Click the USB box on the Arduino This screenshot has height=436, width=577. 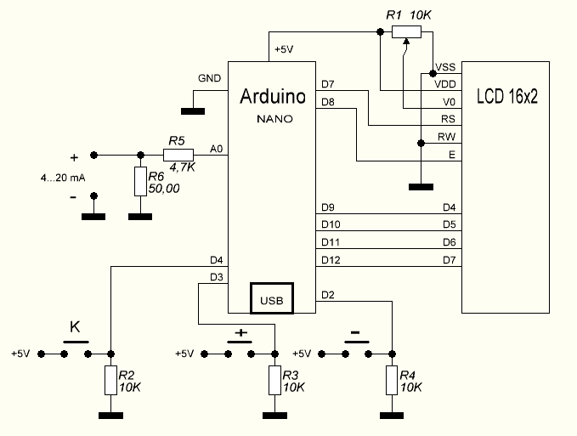pos(271,298)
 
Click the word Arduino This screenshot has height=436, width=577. pos(274,96)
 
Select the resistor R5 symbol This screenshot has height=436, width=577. pos(179,155)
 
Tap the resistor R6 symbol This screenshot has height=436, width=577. pos(139,181)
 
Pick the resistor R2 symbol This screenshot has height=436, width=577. pos(110,379)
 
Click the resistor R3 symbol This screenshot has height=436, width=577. pos(274,379)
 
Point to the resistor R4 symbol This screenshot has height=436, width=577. pos(392,379)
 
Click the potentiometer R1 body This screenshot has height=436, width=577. pos(406,32)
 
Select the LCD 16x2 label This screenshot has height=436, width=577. pos(507,96)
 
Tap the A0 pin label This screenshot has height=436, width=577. pos(217,150)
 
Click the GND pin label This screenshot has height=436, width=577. pos(210,78)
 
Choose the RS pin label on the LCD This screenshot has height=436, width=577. pos(448,119)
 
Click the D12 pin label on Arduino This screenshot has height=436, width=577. pos(331,259)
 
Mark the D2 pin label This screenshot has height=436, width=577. pos(328,295)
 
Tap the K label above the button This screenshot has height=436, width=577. pos(75,326)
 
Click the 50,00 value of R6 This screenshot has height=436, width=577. pos(164,189)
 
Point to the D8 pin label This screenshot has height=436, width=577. pos(328,102)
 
